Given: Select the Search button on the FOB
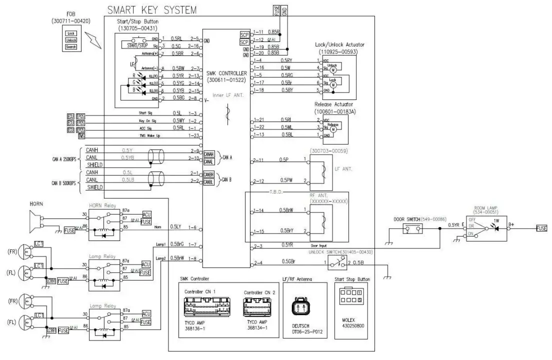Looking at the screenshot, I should [x=71, y=47].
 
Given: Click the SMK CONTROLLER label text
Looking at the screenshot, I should [x=226, y=73].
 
